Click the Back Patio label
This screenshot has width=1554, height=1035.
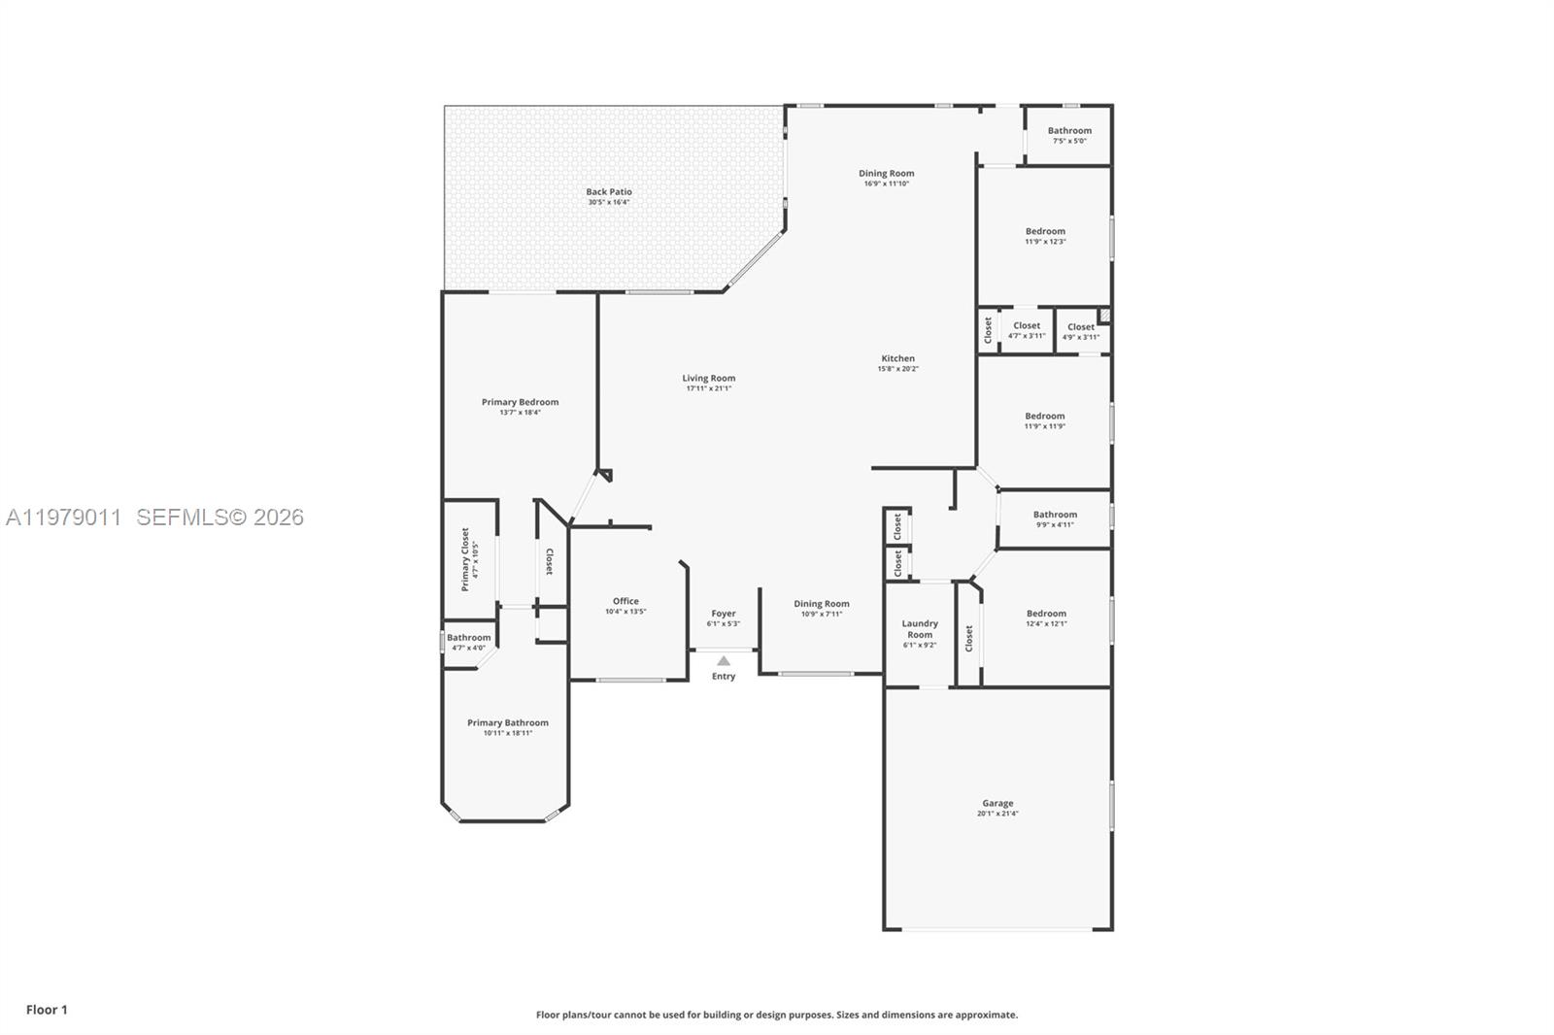(609, 192)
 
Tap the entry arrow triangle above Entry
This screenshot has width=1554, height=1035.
(724, 661)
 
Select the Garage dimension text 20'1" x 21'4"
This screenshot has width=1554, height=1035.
(997, 814)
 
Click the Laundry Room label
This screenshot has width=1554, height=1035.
(920, 629)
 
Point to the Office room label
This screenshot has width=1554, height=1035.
(625, 601)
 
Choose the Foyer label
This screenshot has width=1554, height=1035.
(724, 614)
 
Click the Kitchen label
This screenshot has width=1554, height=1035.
(898, 358)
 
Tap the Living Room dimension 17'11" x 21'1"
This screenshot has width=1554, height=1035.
(709, 388)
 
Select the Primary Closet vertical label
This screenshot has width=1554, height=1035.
(465, 559)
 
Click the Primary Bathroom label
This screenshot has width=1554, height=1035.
(508, 722)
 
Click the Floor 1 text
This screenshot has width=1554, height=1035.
(47, 1010)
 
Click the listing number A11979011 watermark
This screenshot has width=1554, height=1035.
(64, 517)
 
